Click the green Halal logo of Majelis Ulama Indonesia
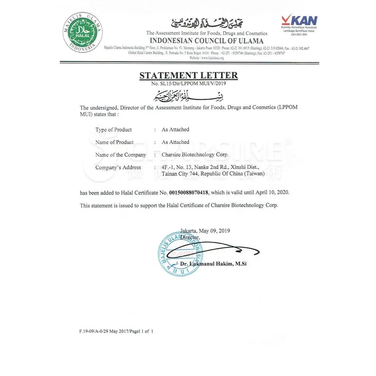pos(82,32)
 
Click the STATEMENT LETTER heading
pos(188,75)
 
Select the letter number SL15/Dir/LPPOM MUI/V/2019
pos(188,83)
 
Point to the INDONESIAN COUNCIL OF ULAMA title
pos(207,41)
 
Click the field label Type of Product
pos(113,130)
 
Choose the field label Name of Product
pos(114,142)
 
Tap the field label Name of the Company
pos(121,155)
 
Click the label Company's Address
pos(118,167)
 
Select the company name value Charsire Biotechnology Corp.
pos(195,155)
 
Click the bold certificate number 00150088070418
pos(189,192)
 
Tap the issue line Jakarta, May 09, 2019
pos(205,230)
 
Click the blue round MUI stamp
pos(180,254)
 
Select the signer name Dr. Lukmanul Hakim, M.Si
pos(214,264)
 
